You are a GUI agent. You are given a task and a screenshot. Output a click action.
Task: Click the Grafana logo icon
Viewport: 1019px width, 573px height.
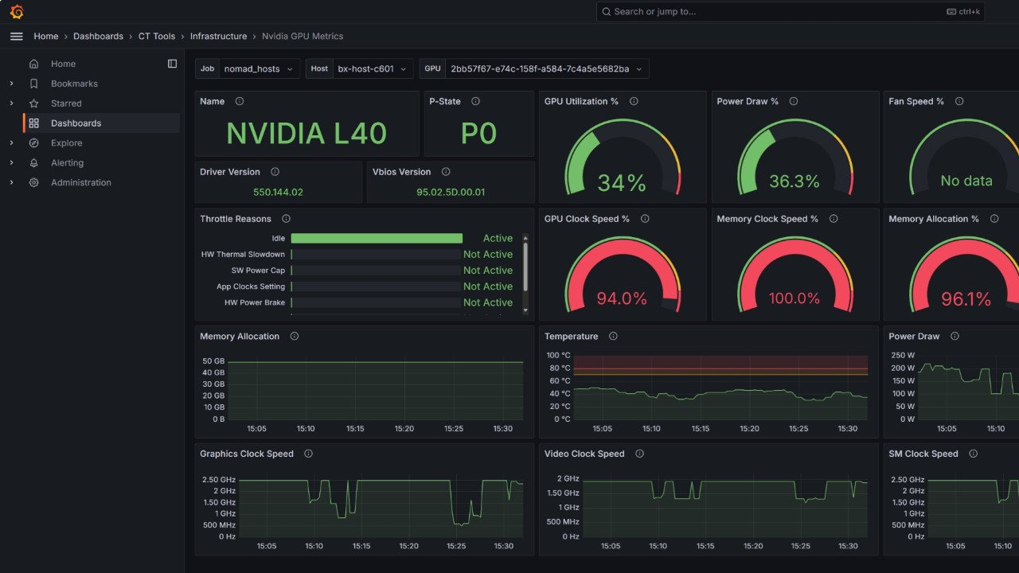click(x=17, y=11)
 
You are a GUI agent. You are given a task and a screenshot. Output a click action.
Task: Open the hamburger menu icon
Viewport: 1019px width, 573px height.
click(x=16, y=37)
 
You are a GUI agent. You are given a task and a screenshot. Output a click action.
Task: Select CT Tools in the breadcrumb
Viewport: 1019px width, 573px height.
click(x=156, y=37)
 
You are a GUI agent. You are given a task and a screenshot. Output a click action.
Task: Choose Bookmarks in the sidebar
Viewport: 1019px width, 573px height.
click(x=74, y=84)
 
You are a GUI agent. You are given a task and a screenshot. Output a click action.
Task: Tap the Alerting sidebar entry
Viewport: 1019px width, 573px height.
click(x=67, y=163)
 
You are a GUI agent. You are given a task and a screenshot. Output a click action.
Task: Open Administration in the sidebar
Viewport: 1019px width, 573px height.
click(x=80, y=183)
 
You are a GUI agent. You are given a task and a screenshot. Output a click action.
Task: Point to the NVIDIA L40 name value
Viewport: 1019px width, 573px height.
click(x=306, y=134)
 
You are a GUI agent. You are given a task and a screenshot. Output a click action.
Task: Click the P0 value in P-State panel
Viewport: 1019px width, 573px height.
click(x=478, y=134)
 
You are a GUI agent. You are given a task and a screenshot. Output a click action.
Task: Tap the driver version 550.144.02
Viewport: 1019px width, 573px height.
click(x=278, y=192)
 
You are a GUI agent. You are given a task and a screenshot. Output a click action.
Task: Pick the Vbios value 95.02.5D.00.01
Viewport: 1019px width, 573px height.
click(x=451, y=192)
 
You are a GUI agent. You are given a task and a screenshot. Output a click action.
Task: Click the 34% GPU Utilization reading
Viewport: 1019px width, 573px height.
click(x=622, y=182)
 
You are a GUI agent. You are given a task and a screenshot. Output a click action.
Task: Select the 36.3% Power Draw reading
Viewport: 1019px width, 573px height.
click(x=794, y=181)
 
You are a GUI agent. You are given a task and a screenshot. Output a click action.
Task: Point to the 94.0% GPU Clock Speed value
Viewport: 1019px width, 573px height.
click(x=622, y=298)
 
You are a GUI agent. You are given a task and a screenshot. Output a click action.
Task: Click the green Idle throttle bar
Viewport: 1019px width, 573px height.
click(x=377, y=239)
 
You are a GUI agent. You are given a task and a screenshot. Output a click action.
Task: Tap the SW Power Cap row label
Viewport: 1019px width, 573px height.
click(x=258, y=271)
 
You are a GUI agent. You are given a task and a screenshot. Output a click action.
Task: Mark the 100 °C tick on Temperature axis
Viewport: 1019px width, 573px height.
click(x=558, y=356)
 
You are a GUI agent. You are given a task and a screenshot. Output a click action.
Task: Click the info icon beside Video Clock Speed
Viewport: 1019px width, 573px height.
click(x=639, y=454)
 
